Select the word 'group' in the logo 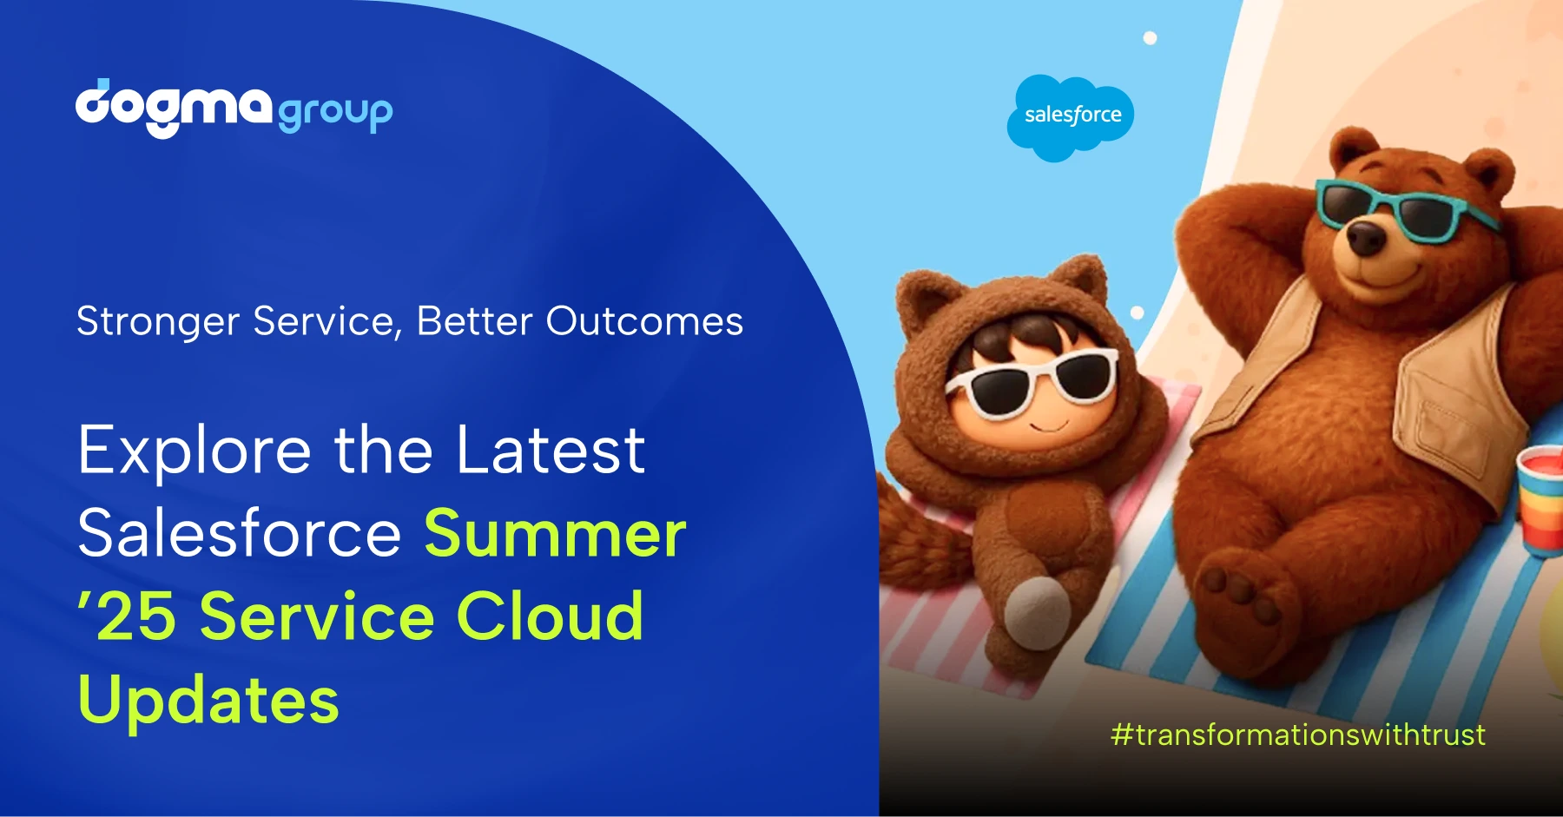click(335, 113)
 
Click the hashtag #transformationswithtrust click(1298, 735)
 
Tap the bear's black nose click(1366, 236)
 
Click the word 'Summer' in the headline click(555, 533)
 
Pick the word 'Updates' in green click(208, 701)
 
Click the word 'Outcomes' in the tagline click(644, 321)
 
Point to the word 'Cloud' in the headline click(551, 616)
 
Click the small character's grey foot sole click(1038, 612)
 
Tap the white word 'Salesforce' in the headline click(240, 533)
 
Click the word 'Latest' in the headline click(551, 451)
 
